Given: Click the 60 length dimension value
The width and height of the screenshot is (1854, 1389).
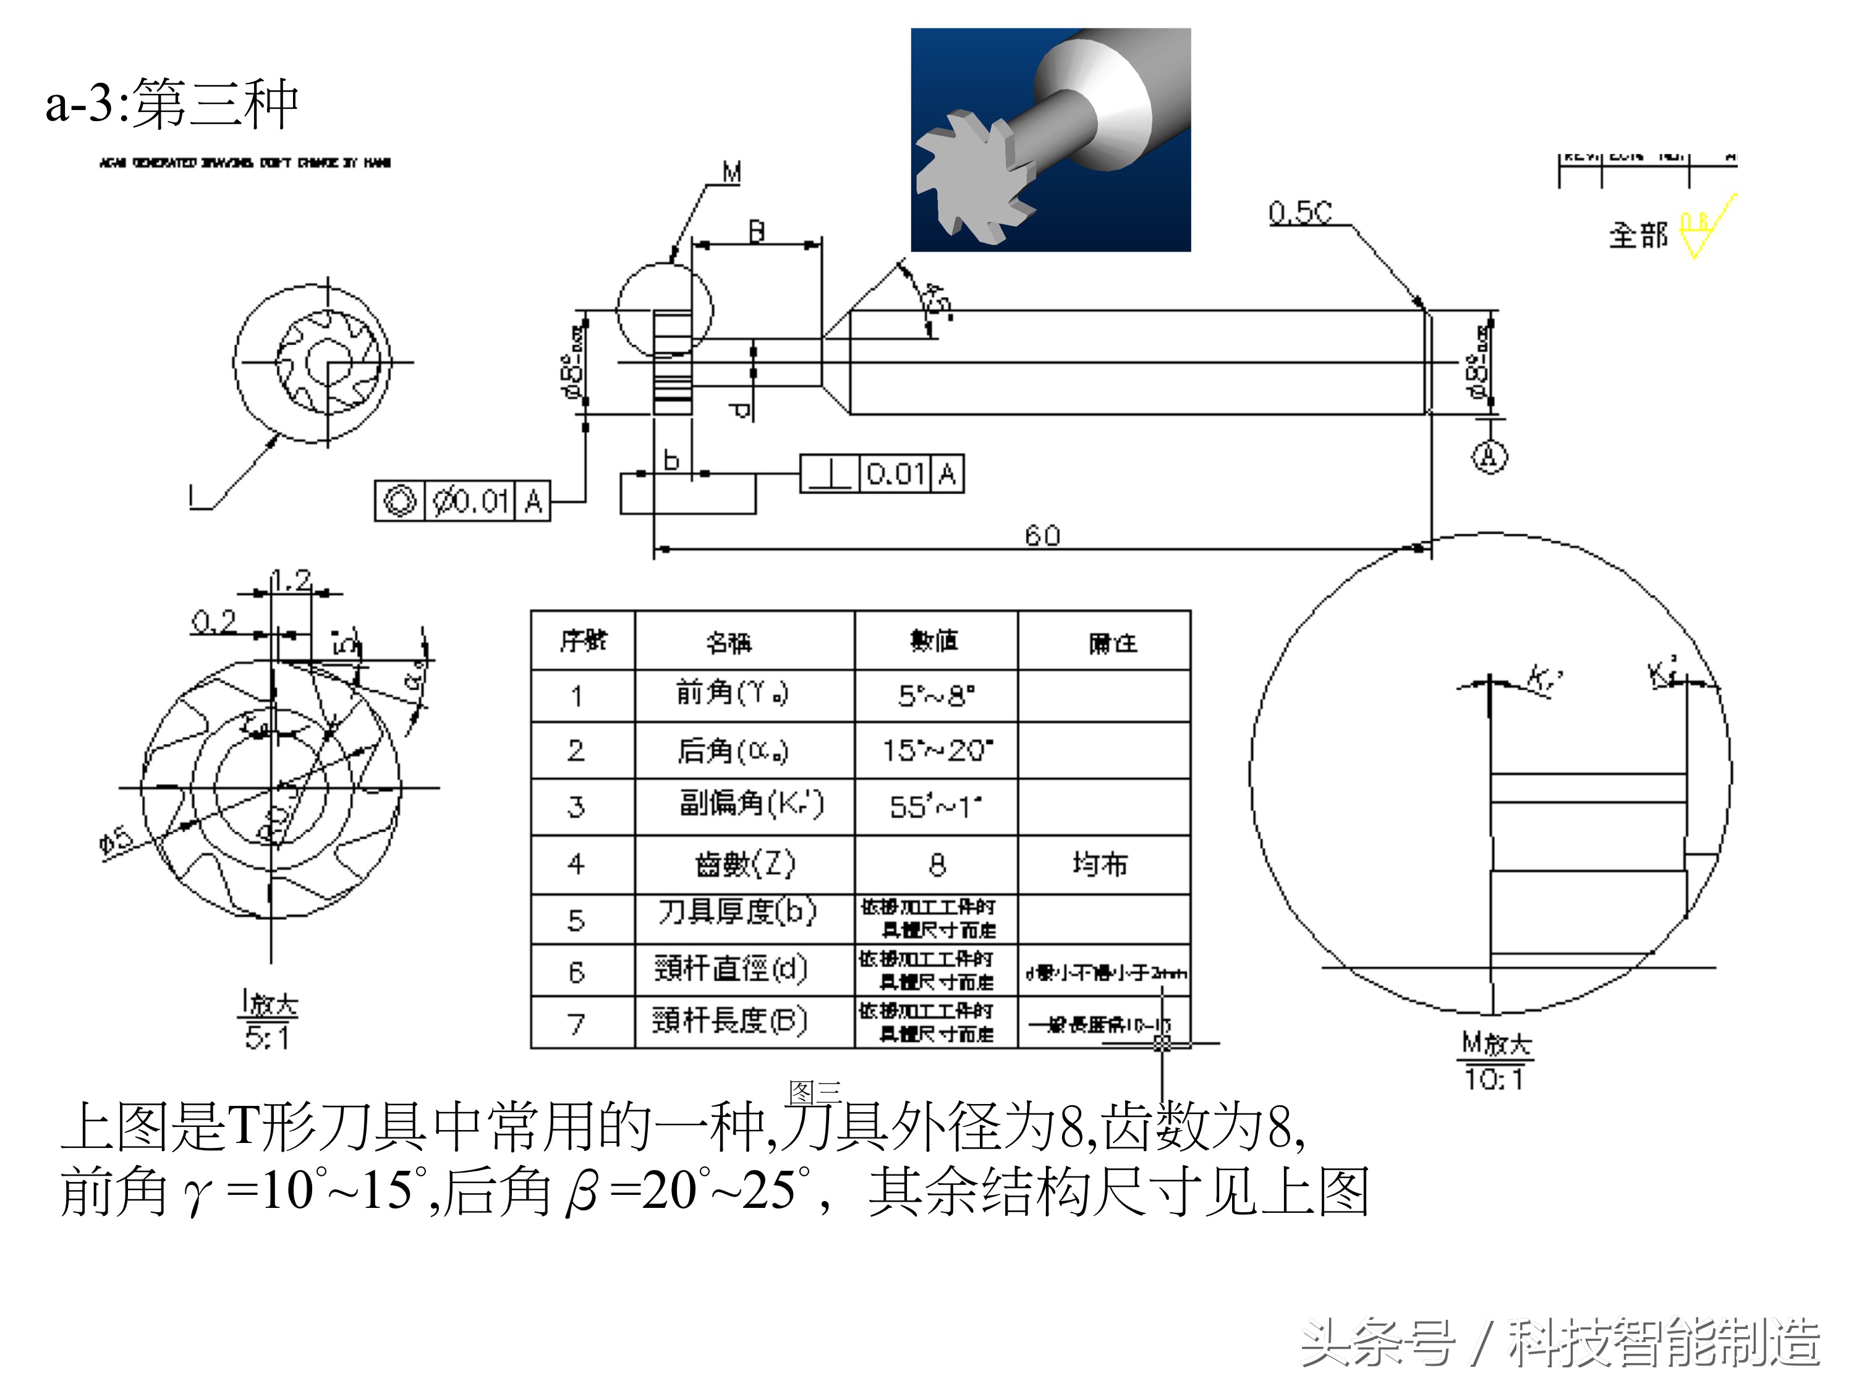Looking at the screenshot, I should click(1043, 535).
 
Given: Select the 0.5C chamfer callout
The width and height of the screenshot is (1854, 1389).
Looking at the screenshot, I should click(1299, 212).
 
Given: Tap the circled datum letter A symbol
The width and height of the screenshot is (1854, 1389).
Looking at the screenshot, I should click(1489, 456).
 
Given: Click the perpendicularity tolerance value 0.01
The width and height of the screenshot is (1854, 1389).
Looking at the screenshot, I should click(895, 475).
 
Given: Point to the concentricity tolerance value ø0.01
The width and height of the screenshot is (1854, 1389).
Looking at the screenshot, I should click(470, 501).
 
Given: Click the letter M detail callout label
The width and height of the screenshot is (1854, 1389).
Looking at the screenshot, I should click(732, 172).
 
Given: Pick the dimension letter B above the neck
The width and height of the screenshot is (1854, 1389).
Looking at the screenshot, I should click(756, 231).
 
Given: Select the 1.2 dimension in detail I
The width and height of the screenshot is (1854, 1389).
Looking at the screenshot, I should click(292, 579).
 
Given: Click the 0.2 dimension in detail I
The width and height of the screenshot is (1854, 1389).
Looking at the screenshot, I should click(214, 621).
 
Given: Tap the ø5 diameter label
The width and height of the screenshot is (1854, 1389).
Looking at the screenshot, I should click(116, 840).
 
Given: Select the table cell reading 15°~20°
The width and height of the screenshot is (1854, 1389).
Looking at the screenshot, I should click(936, 750).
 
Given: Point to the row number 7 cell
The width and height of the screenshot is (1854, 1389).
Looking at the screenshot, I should click(576, 1024).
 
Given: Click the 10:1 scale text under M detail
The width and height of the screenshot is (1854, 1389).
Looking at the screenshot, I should click(1494, 1078).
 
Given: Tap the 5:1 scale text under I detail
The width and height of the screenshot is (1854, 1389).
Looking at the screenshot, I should click(266, 1038).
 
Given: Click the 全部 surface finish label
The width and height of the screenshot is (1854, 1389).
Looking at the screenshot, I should click(1638, 236).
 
